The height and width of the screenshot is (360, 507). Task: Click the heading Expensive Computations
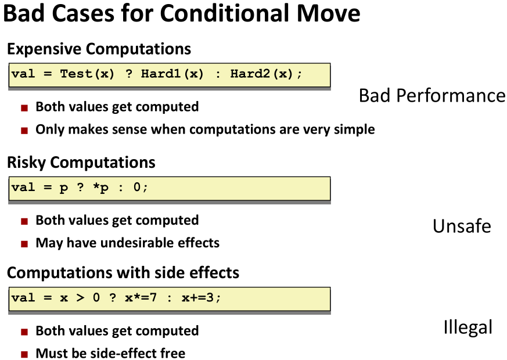pos(99,49)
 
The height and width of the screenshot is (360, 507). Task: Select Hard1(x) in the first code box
pos(172,74)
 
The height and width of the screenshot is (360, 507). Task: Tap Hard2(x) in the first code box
pos(261,74)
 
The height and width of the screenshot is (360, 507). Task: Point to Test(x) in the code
pos(87,74)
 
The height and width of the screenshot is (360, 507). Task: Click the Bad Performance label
pos(432,96)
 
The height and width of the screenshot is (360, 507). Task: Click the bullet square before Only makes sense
pos(24,131)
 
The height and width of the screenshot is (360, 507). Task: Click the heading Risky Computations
pos(81,162)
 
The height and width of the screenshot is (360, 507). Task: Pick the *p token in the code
pos(100,188)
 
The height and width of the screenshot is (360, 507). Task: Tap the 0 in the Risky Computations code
pos(137,187)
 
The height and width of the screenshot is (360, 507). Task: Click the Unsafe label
pos(462,226)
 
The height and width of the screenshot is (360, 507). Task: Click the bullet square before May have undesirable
pos(24,244)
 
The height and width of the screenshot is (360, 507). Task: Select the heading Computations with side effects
pos(123,273)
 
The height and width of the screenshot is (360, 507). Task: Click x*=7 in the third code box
pos(141,298)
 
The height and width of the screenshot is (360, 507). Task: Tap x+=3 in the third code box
pos(197,298)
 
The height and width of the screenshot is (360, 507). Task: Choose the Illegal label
pos(468,327)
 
